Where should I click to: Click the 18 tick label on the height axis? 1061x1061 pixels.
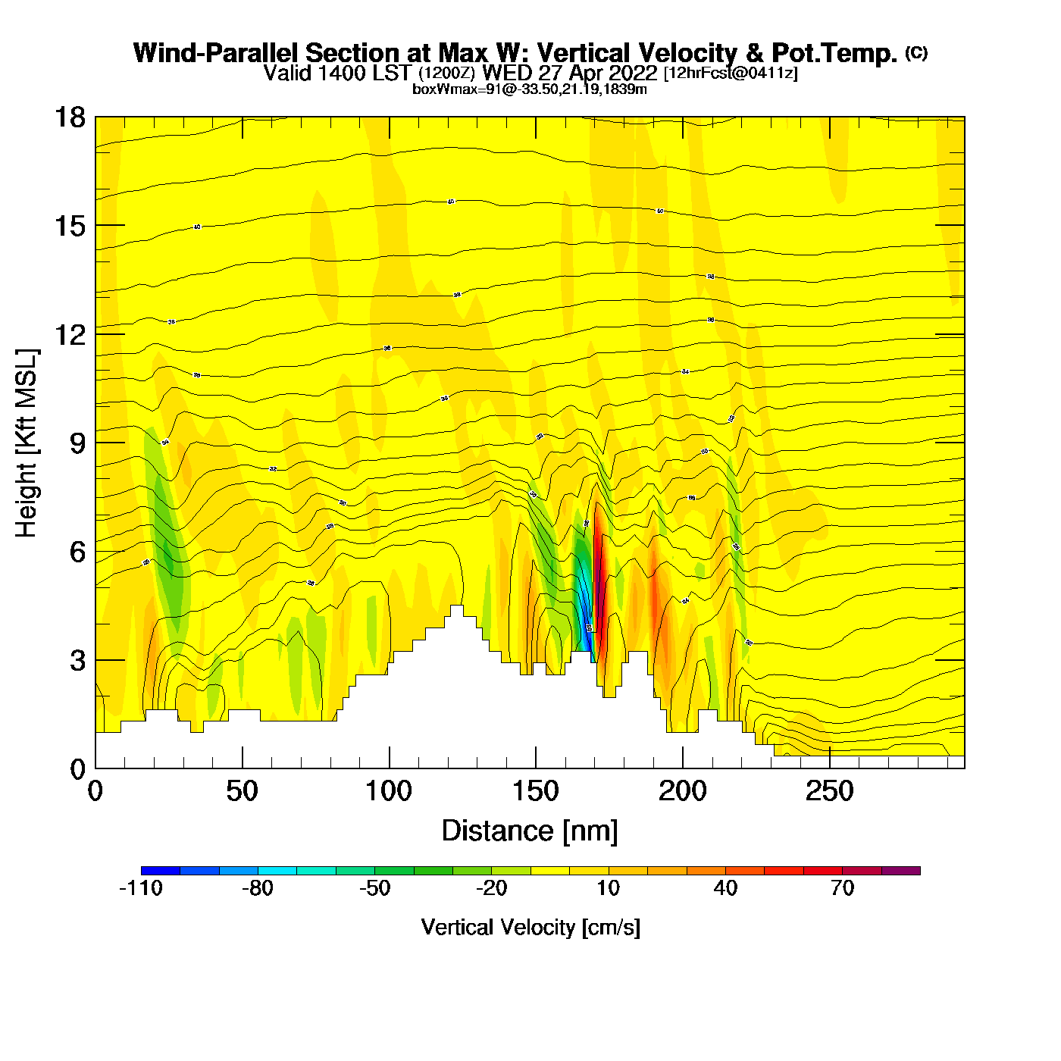tap(69, 117)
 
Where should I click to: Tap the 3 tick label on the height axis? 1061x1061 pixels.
tap(77, 661)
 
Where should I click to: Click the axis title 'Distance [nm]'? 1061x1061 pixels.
tap(530, 831)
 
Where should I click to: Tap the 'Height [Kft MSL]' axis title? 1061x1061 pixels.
tap(27, 443)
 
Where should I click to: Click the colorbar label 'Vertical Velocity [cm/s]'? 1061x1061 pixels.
tap(530, 927)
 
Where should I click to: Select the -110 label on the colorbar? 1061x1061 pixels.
tap(141, 888)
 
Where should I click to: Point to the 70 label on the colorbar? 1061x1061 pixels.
tap(842, 888)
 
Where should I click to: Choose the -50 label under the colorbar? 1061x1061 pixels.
tap(374, 888)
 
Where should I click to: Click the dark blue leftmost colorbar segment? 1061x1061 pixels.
tap(161, 871)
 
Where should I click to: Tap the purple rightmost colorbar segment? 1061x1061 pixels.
tap(901, 871)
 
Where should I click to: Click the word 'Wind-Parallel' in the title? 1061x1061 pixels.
tap(217, 53)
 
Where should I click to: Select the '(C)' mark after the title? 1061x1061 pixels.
tap(916, 52)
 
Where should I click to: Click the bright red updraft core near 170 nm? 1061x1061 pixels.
tap(598, 576)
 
